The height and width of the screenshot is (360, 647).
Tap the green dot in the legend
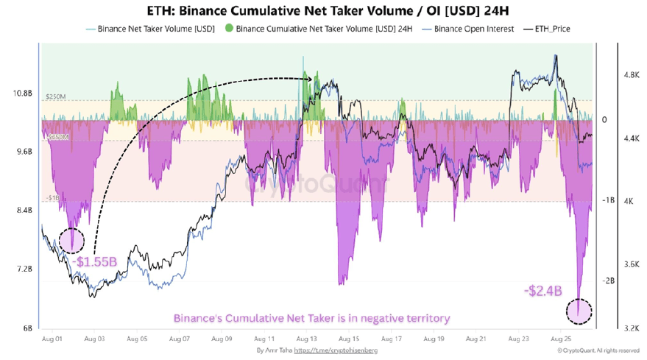coord(229,29)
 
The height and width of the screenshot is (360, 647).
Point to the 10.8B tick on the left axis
coord(22,93)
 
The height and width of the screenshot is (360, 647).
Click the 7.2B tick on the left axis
coord(22,269)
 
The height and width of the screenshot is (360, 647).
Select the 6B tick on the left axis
coord(26,328)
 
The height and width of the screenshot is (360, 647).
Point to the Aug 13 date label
coord(305,339)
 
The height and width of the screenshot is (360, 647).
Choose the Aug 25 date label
coord(561,339)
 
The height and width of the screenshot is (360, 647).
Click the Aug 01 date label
coord(51,339)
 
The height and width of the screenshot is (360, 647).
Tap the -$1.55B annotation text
coord(95,261)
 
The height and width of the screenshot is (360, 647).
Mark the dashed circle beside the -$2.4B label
coord(579,311)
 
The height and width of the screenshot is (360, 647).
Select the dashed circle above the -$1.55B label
coord(71,240)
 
